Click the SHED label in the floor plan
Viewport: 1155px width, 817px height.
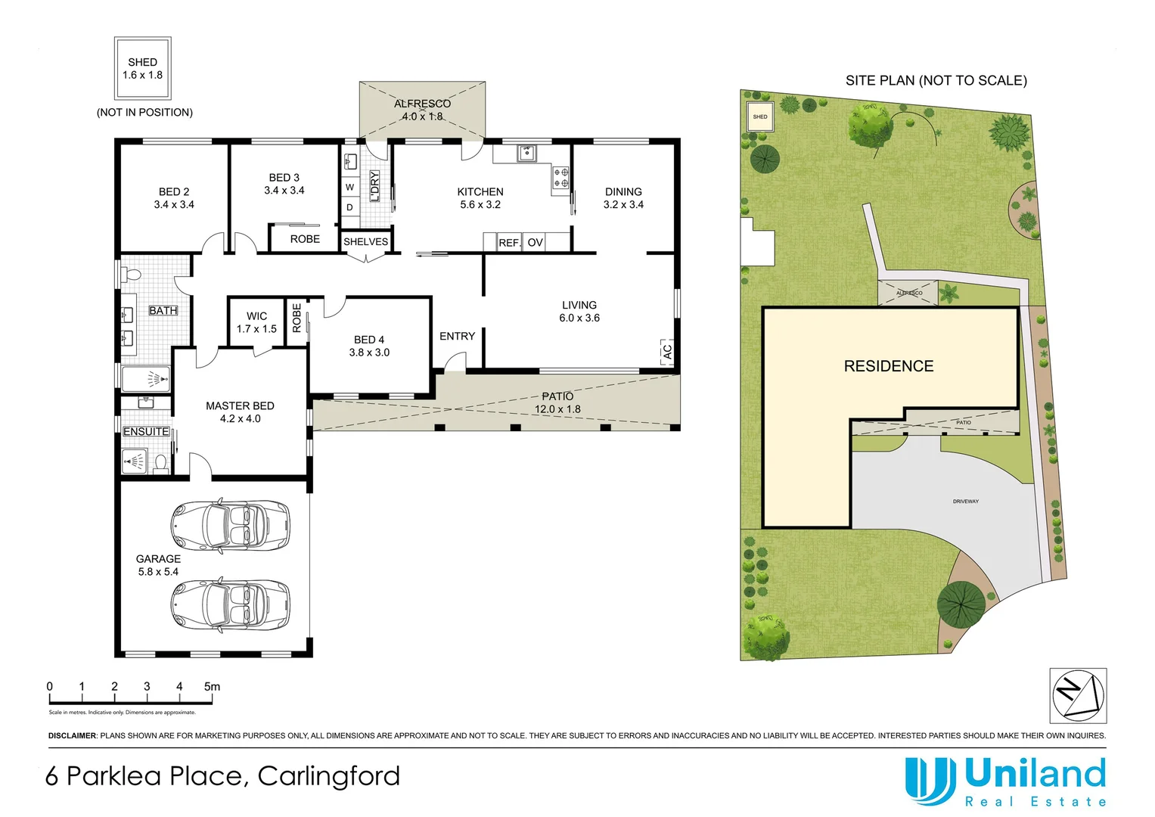(x=142, y=62)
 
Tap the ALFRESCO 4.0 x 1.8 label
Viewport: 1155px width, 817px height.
(x=422, y=110)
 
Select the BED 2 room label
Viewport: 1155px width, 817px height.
(x=174, y=192)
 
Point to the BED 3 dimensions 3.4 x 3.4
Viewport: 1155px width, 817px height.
(x=284, y=191)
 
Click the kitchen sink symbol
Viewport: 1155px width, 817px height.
(x=526, y=154)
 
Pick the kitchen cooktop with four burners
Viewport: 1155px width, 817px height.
(x=561, y=178)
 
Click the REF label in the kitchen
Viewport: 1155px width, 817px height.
(x=508, y=243)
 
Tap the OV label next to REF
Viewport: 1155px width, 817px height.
(x=535, y=243)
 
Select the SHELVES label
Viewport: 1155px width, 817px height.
(x=365, y=242)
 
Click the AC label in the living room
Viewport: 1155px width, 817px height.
(x=666, y=352)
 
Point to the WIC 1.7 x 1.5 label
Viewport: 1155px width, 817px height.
(x=256, y=322)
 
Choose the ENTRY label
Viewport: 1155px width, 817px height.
(x=457, y=336)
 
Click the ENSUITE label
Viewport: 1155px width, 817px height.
(x=146, y=431)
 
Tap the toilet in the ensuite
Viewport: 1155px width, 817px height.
(x=160, y=461)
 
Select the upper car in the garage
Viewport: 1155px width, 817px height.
(x=230, y=525)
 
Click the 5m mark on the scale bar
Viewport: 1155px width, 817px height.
(x=212, y=687)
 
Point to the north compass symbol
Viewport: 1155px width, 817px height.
(x=1078, y=695)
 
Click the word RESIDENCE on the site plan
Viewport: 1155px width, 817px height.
(x=888, y=366)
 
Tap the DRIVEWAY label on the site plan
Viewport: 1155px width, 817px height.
(x=965, y=502)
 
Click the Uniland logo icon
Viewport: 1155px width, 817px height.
(x=930, y=780)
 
